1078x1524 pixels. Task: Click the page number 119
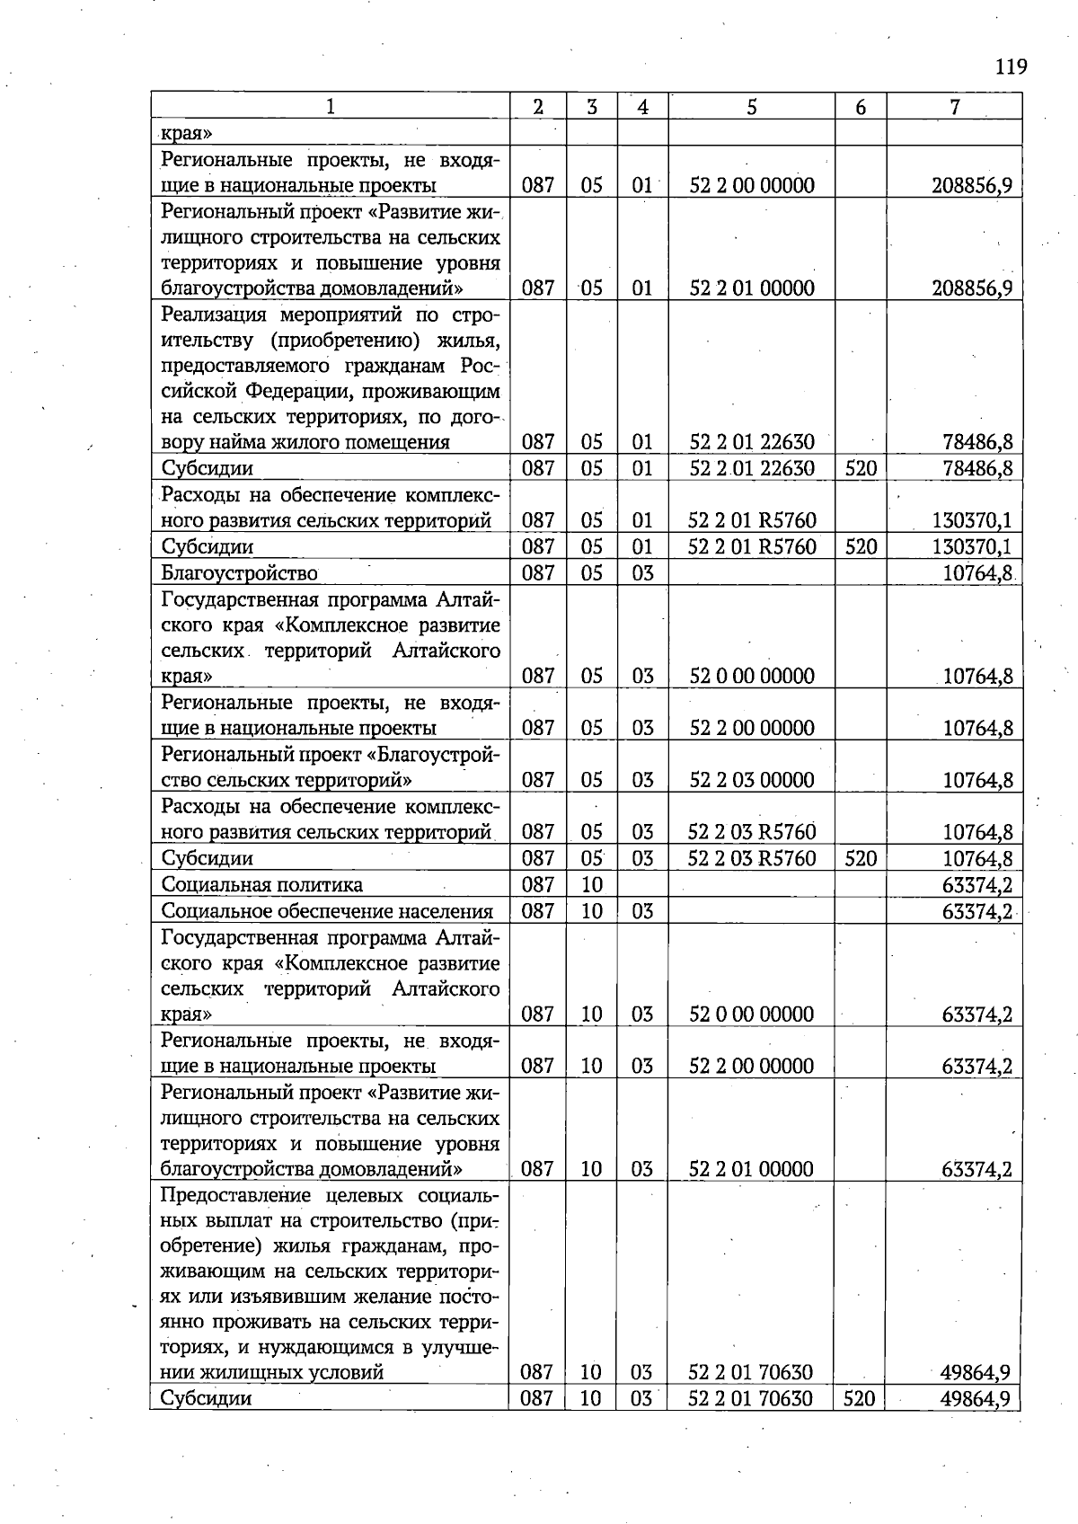coord(1011,67)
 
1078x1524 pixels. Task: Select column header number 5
coord(751,107)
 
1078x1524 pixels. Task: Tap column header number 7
coord(954,107)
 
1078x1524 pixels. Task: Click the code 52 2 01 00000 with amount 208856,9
coord(752,288)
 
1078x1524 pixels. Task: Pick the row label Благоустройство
coord(239,572)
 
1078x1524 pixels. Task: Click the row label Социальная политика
coord(261,884)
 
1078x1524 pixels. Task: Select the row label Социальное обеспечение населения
coord(327,911)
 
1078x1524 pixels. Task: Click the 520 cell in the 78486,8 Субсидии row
coord(861,468)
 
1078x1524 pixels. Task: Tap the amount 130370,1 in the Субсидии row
coord(972,546)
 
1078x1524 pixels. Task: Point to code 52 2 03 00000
coord(752,780)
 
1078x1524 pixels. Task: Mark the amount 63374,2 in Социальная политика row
coord(977,885)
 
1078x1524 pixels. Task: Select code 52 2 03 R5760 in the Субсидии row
coord(752,858)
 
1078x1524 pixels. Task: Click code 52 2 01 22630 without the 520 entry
coord(752,442)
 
